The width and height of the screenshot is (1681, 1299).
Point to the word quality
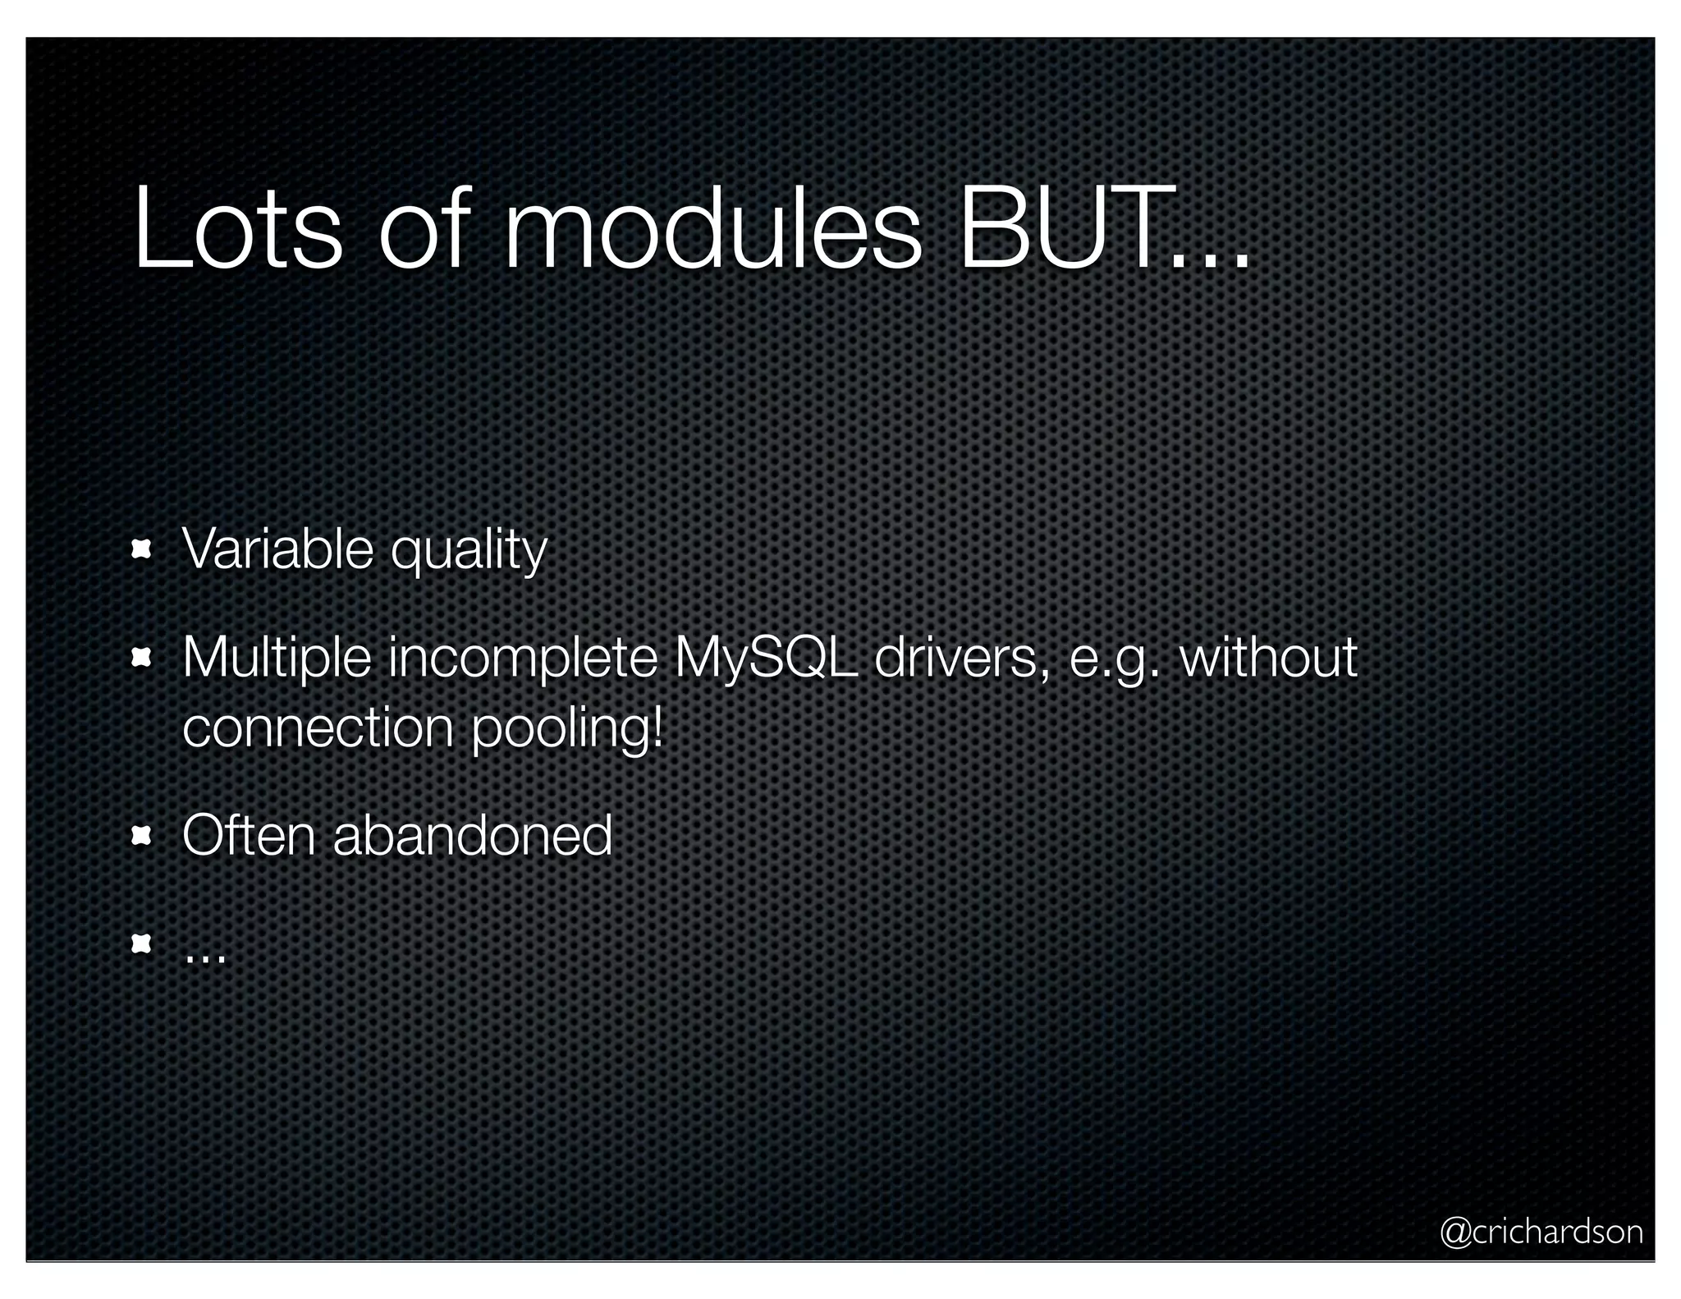pos(469,552)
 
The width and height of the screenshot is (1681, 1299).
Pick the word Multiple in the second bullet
pos(277,659)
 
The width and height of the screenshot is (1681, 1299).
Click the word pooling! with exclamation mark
pos(567,729)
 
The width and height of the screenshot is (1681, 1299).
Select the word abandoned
pos(472,835)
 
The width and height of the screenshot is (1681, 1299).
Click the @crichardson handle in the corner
pos(1541,1232)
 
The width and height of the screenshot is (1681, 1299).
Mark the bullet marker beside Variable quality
pos(141,550)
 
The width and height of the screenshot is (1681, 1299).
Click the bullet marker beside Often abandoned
pos(141,836)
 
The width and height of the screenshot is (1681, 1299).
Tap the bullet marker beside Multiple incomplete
pos(141,659)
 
